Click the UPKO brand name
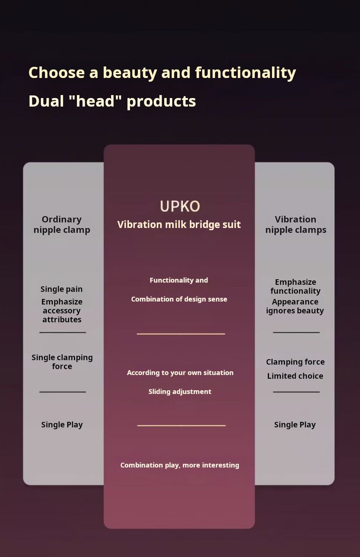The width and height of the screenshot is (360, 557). click(x=180, y=206)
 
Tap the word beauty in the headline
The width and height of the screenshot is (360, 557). click(x=130, y=73)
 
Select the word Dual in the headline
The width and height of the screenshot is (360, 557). click(x=46, y=101)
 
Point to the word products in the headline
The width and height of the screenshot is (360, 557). click(x=161, y=102)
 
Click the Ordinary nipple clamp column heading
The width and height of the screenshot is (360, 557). click(x=62, y=225)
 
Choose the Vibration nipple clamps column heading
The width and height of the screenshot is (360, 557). click(x=296, y=225)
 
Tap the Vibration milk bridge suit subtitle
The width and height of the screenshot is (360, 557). click(x=179, y=225)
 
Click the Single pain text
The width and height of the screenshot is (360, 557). click(x=61, y=289)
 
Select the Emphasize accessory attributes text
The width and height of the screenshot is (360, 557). click(x=62, y=310)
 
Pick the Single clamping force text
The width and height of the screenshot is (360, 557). click(x=62, y=362)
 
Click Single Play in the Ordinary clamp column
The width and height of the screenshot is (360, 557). click(x=62, y=425)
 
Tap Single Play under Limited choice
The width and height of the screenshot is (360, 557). click(x=295, y=425)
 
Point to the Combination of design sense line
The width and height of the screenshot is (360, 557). click(x=179, y=299)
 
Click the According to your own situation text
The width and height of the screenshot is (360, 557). click(x=180, y=373)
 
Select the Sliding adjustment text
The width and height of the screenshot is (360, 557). click(x=180, y=392)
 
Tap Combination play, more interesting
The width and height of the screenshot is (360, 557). click(x=179, y=465)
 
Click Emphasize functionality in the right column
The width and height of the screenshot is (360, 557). click(x=296, y=286)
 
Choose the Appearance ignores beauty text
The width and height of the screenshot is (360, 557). click(x=295, y=306)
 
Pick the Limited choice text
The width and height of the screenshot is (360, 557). click(x=295, y=376)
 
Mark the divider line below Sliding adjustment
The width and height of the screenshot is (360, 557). click(x=181, y=426)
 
